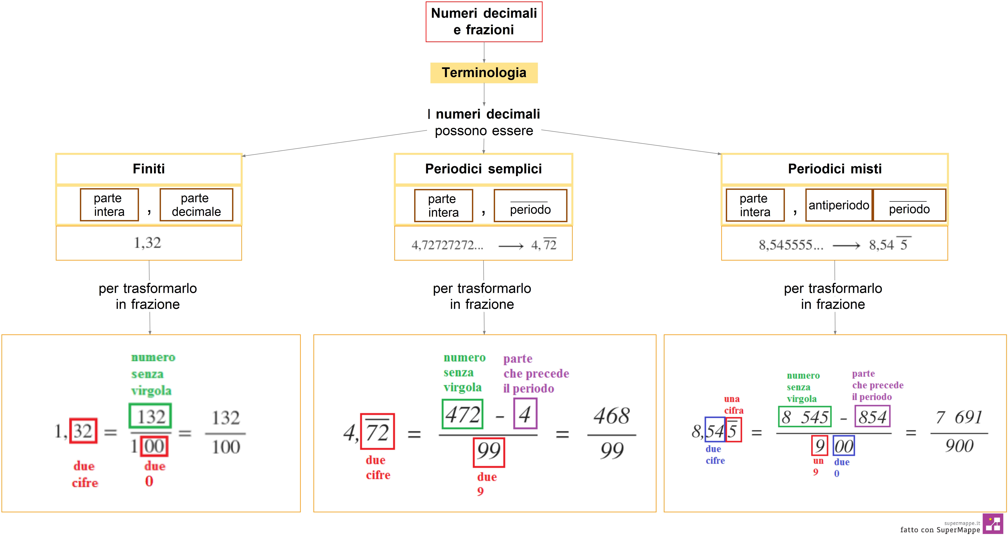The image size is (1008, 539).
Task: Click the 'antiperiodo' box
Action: pyautogui.click(x=839, y=205)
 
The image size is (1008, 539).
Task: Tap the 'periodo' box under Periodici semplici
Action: pyautogui.click(x=530, y=206)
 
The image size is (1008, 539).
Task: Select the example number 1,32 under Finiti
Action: pyautogui.click(x=147, y=243)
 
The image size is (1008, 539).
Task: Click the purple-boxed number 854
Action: pyautogui.click(x=872, y=417)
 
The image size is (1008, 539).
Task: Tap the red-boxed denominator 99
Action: pyautogui.click(x=489, y=452)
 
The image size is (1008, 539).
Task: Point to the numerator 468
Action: pyautogui.click(x=612, y=416)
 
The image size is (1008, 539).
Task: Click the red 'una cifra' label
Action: pyautogui.click(x=733, y=404)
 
